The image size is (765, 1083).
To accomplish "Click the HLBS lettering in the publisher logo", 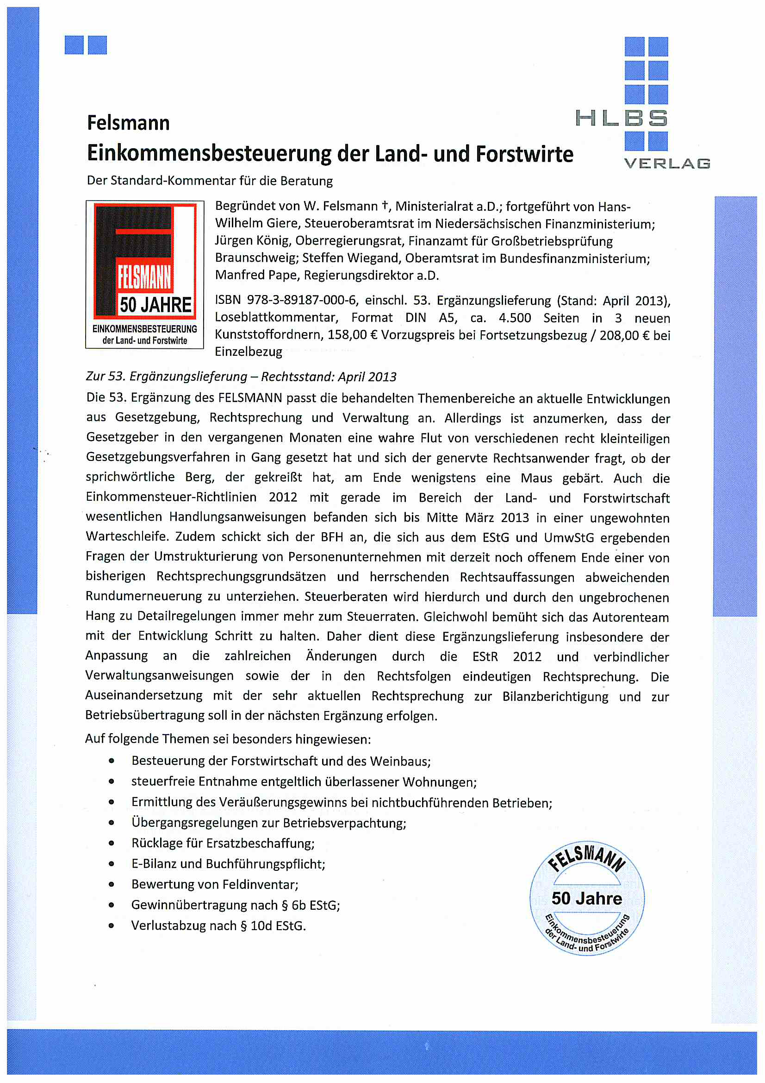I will pyautogui.click(x=621, y=118).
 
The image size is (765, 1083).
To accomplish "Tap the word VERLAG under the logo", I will pyautogui.click(x=666, y=164).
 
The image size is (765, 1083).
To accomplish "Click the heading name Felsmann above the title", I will pyautogui.click(x=128, y=123).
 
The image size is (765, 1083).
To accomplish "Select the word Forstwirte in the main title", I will pyautogui.click(x=524, y=154).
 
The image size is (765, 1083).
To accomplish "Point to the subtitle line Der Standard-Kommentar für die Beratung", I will pyautogui.click(x=210, y=181).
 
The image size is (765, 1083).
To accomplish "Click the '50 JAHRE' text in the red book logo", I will pyautogui.click(x=155, y=305).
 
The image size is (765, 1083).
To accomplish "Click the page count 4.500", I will pyautogui.click(x=515, y=318).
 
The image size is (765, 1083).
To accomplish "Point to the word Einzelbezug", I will pyautogui.click(x=249, y=352).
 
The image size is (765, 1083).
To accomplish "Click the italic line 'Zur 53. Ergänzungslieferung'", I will pyautogui.click(x=167, y=377).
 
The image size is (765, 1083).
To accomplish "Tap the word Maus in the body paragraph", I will pyautogui.click(x=536, y=479).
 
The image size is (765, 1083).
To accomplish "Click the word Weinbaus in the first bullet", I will pyautogui.click(x=399, y=762).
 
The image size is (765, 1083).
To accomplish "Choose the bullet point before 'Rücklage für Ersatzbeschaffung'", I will pyautogui.click(x=112, y=844).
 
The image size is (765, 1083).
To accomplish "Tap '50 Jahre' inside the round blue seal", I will pyautogui.click(x=587, y=899).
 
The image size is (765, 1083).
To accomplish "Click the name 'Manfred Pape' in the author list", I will pyautogui.click(x=255, y=276).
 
